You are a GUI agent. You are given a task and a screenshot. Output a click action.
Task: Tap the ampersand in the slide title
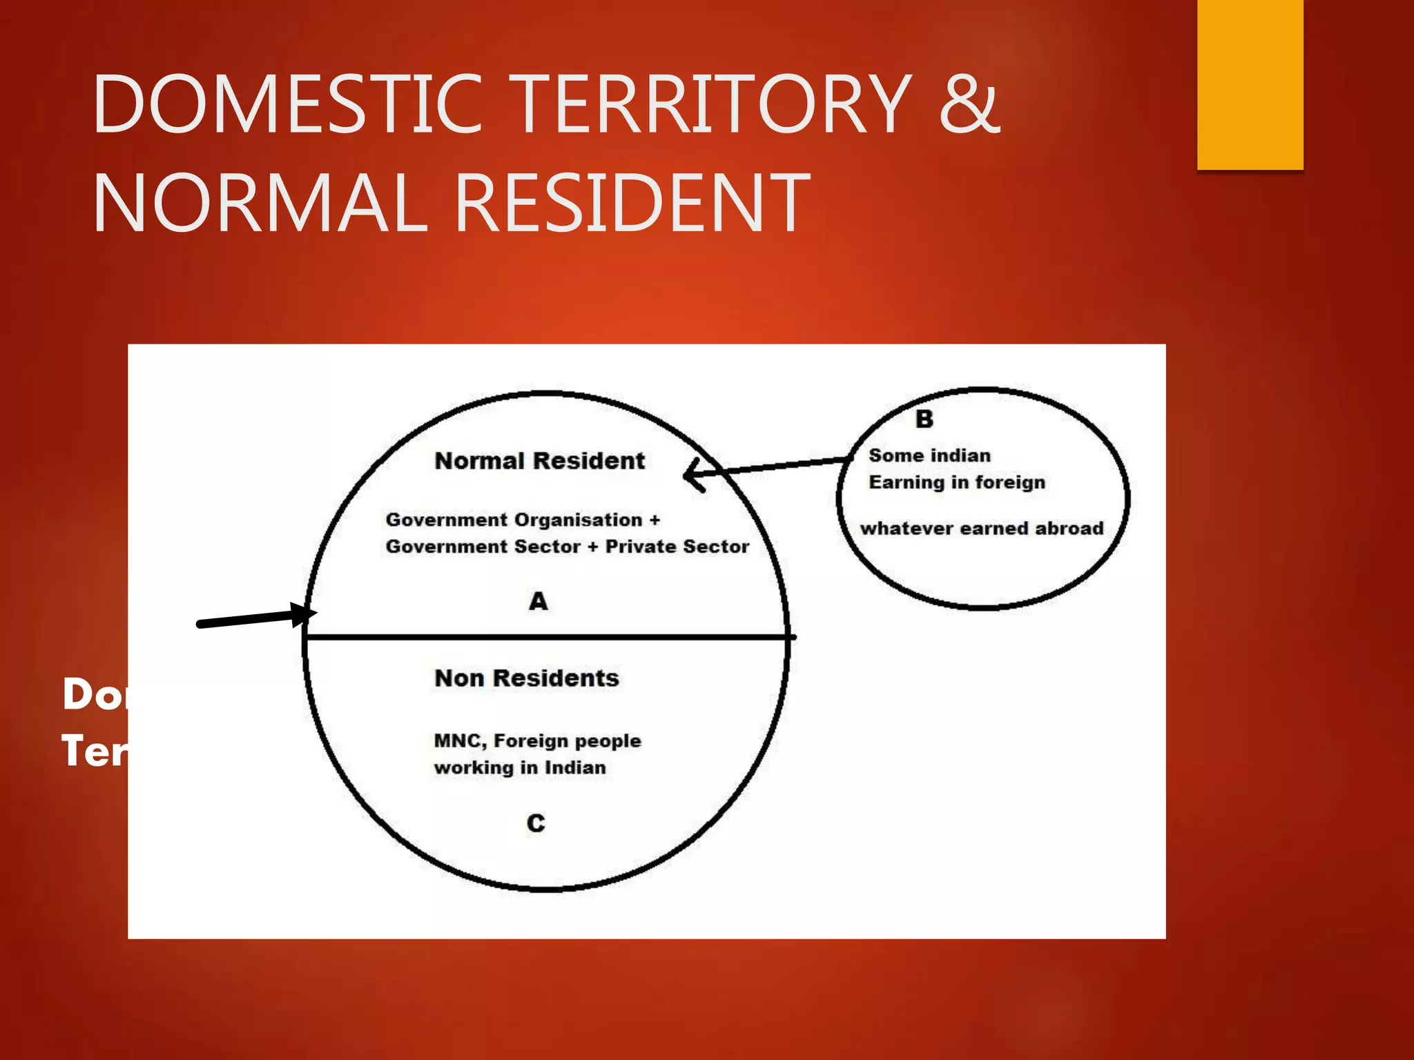969,105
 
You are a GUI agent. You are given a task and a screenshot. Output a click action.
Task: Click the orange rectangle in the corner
1250,84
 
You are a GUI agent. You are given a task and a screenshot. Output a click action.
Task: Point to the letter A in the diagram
539,602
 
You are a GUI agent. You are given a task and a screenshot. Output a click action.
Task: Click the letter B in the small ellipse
924,419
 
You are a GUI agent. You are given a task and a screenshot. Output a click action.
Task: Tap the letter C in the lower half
536,823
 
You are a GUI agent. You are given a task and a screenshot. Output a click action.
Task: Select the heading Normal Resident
539,461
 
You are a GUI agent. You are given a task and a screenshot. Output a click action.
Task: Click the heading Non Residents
526,678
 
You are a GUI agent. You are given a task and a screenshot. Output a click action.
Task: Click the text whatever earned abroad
981,529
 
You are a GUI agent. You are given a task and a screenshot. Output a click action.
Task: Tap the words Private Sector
677,547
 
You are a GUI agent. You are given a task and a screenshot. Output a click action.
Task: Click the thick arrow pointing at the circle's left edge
255,618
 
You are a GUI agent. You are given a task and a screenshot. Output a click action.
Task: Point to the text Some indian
929,455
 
